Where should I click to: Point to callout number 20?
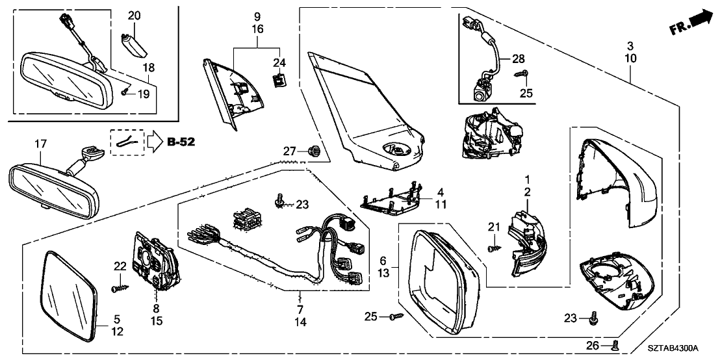point(134,15)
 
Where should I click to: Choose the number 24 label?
point(279,63)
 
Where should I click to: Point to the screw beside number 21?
point(495,247)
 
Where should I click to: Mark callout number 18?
point(149,67)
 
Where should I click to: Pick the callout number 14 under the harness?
point(300,322)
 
